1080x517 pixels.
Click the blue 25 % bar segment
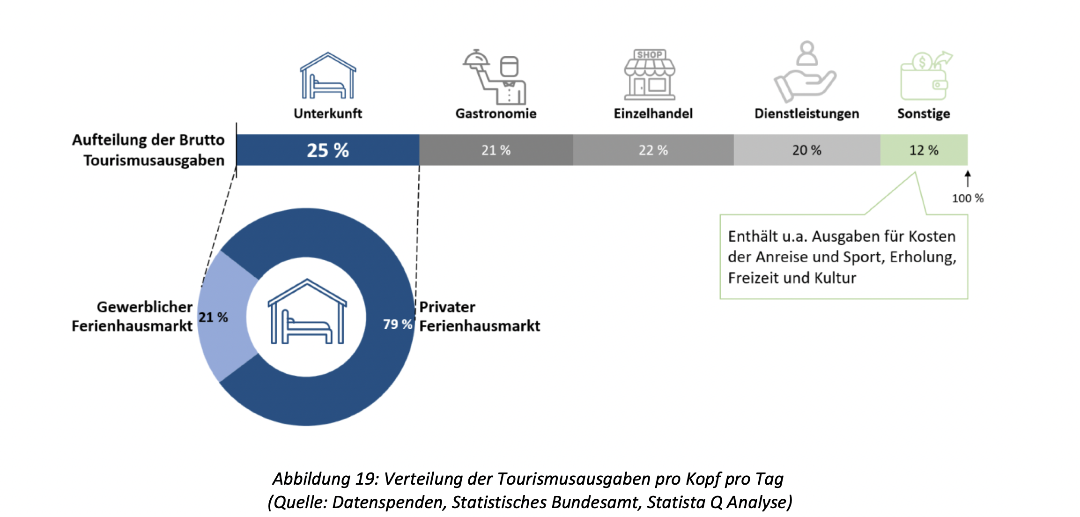(328, 150)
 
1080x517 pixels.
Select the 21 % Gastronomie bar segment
(496, 150)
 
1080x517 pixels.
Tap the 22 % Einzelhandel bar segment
(653, 150)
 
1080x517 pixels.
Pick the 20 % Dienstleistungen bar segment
(806, 150)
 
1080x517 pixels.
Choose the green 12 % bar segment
(924, 150)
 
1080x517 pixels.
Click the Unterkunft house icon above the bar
(328, 76)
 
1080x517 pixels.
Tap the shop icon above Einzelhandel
(650, 75)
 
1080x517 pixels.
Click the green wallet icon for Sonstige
(925, 76)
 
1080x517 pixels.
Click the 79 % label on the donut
(397, 324)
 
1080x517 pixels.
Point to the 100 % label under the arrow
(968, 198)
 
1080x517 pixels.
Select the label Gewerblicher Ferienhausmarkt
(132, 316)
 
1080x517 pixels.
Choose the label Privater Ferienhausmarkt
(479, 316)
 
